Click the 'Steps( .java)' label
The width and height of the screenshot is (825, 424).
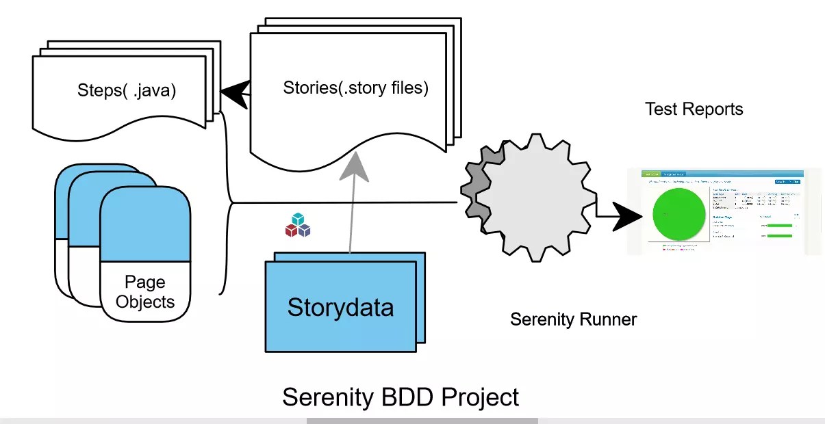coord(127,90)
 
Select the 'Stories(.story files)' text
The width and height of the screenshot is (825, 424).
coord(355,88)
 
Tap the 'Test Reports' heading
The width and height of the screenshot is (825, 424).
coord(694,109)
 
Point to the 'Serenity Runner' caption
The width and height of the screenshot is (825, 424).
coord(574,319)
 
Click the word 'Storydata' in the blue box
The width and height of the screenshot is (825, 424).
coord(340,307)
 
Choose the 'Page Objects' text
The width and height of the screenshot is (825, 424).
coord(145,291)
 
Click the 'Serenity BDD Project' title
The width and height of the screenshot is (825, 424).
coord(401,397)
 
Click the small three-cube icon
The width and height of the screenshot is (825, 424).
coord(298,225)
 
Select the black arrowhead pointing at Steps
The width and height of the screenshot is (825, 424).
coord(234,94)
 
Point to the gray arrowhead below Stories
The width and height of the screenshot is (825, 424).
coord(355,165)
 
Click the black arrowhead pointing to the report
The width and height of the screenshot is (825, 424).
coord(629,217)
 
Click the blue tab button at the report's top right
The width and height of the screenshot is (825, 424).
coord(787,182)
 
